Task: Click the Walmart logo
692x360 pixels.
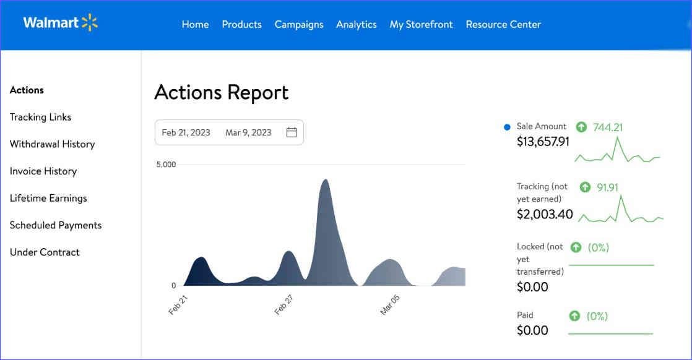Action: (60, 24)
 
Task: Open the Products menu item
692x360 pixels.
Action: (241, 25)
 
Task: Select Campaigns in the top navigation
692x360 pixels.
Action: (299, 25)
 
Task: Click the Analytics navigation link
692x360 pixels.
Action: (357, 25)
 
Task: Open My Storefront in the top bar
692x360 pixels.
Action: (421, 25)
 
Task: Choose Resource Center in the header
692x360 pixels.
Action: (503, 25)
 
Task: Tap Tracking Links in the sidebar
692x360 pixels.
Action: (40, 117)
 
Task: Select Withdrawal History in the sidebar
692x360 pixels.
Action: (52, 144)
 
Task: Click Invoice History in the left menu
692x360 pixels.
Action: (43, 171)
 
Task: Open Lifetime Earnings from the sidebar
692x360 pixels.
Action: (48, 199)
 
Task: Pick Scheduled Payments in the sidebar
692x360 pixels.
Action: (56, 225)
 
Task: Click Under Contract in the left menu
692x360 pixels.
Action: (45, 252)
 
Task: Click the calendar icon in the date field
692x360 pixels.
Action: (292, 132)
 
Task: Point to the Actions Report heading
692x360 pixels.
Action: (221, 92)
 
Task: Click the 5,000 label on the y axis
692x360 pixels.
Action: (166, 165)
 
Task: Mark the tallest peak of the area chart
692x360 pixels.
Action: (325, 180)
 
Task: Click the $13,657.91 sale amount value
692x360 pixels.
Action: (543, 142)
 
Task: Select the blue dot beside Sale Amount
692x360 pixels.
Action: (508, 127)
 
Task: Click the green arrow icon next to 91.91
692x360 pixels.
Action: (585, 187)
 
